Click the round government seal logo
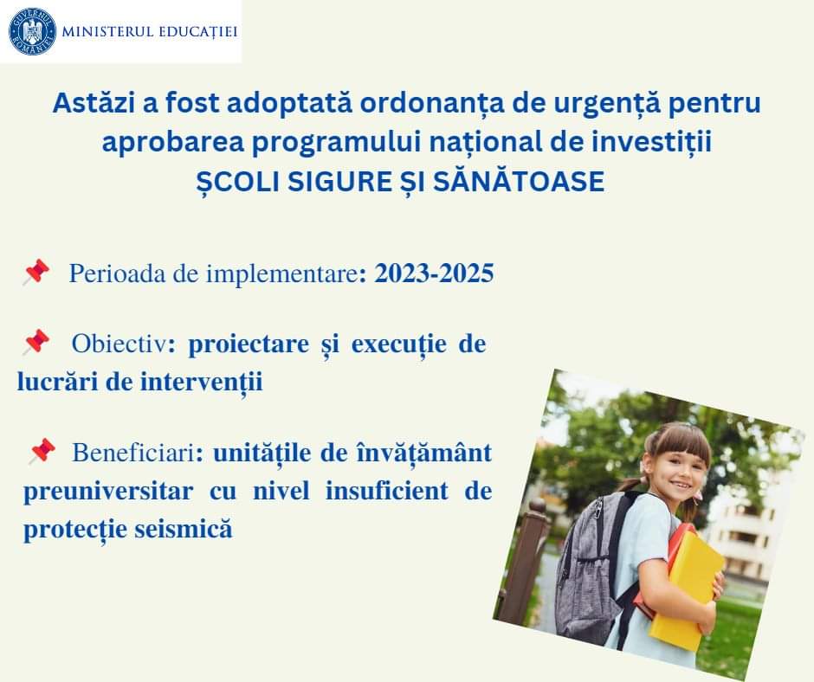click(32, 31)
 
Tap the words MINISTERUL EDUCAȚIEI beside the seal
click(150, 32)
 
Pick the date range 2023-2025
click(434, 273)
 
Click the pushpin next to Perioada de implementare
click(36, 273)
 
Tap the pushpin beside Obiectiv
click(36, 342)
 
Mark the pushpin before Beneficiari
click(42, 451)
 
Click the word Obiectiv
click(119, 344)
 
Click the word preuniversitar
click(108, 492)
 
